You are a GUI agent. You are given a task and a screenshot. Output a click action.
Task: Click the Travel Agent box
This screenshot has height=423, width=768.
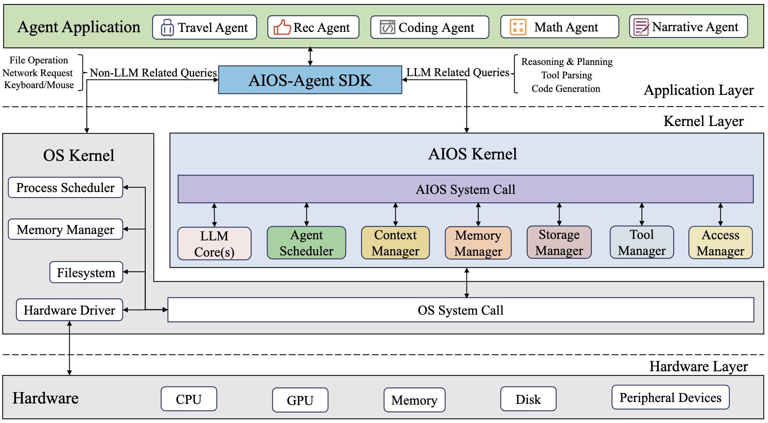[x=205, y=27]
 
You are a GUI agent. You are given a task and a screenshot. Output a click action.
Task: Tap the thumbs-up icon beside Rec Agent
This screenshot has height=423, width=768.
[x=282, y=27]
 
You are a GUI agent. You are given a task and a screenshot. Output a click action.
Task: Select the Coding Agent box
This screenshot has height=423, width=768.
[x=429, y=27]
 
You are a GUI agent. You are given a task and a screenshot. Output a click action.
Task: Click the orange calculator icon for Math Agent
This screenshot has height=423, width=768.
[x=518, y=27]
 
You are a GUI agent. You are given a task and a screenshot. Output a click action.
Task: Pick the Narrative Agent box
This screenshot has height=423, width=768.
[x=688, y=26]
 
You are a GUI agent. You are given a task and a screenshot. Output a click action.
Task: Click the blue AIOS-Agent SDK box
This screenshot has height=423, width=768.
[x=310, y=80]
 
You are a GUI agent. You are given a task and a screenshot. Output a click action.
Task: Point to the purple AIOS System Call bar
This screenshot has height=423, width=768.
[x=465, y=189]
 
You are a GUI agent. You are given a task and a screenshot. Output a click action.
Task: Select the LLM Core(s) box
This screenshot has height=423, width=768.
[x=214, y=244]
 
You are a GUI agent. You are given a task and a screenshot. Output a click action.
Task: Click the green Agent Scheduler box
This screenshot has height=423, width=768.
[x=306, y=243]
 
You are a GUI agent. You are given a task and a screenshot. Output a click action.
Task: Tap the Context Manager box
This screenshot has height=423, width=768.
[x=395, y=243]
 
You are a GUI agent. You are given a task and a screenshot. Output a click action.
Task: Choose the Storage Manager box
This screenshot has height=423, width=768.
[x=559, y=242]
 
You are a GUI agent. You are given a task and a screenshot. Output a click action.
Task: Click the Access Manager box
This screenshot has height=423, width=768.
[x=720, y=243]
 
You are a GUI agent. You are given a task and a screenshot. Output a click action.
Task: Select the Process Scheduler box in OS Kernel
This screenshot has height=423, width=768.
[x=65, y=187]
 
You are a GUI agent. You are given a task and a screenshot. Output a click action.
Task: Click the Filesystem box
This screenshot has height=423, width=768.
[x=86, y=272]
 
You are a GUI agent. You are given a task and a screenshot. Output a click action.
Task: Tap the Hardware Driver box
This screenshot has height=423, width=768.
[x=69, y=310]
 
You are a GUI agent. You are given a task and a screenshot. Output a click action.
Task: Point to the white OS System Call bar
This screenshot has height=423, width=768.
[x=460, y=310]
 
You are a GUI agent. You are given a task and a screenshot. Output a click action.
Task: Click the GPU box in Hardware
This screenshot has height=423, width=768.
[x=300, y=400]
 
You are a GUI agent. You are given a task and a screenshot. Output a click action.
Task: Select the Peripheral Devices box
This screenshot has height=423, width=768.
[x=670, y=397]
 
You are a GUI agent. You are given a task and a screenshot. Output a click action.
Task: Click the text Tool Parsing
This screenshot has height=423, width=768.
[x=566, y=75]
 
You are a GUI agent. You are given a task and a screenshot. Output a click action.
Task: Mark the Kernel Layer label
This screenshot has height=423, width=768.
[x=703, y=121]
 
